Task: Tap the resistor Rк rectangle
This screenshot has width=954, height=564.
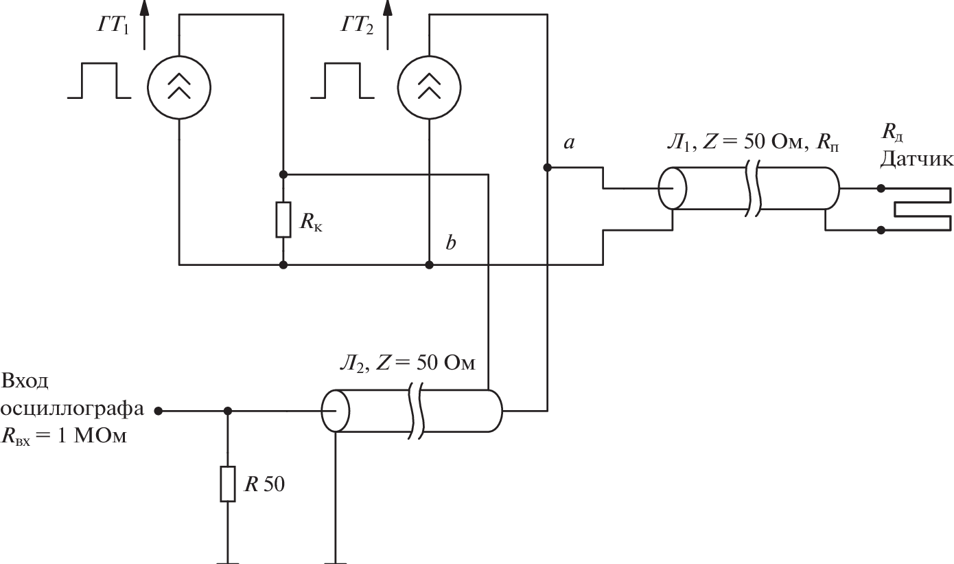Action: point(283,220)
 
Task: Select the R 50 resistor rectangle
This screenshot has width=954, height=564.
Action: point(228,484)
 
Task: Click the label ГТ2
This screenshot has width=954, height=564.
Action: point(357,27)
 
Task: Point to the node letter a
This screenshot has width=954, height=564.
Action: point(568,143)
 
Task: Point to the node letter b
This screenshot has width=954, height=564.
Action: point(451,243)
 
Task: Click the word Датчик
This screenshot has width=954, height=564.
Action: point(917,159)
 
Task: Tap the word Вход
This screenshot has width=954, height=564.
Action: point(25,381)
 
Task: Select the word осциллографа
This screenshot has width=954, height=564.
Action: point(73,409)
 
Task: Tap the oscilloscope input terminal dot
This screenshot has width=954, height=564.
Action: point(159,411)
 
